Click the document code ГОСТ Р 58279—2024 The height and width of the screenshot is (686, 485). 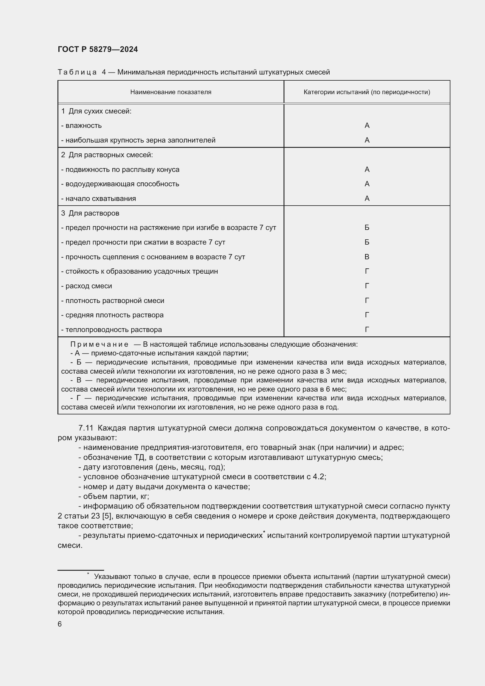point(98,50)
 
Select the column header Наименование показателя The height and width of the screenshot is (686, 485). point(171,92)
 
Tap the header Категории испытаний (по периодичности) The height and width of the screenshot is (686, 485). point(367,92)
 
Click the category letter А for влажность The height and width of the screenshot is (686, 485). point(367,126)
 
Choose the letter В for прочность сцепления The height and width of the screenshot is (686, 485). point(367,257)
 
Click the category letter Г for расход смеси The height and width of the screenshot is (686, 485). point(367,286)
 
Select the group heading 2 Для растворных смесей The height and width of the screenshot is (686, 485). point(107,155)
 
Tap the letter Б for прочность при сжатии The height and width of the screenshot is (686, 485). point(367,242)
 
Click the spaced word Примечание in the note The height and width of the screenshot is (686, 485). point(99,345)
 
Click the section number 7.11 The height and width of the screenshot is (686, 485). point(86,428)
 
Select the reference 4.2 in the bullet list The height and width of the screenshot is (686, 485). point(319,477)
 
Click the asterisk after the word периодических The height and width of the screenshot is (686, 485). point(264,532)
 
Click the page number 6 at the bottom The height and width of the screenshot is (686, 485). point(60,624)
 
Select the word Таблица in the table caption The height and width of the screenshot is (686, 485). point(77,72)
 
